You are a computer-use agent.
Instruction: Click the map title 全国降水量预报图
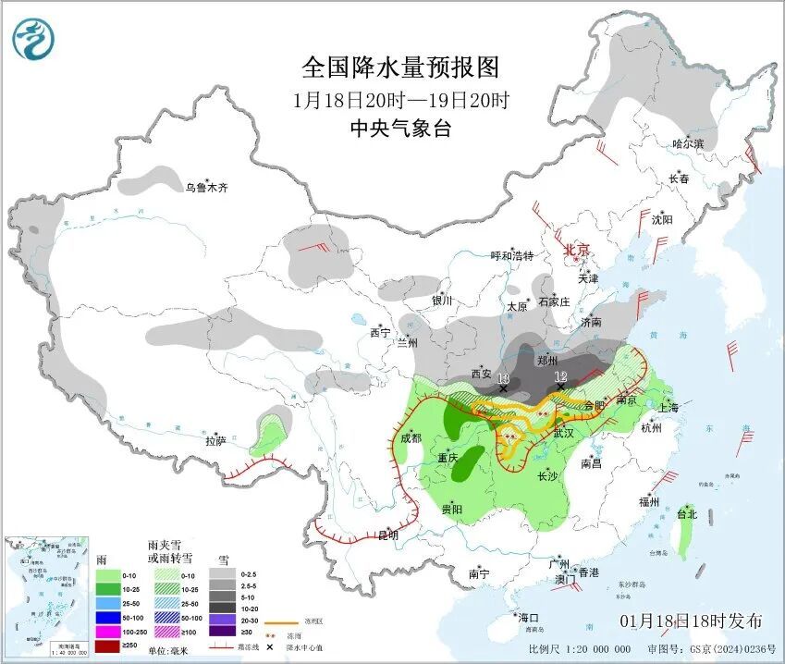coord(400,68)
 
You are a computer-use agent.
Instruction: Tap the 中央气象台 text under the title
coord(400,129)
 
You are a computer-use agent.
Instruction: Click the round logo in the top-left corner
coord(33,38)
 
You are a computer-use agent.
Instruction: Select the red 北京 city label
coord(577,250)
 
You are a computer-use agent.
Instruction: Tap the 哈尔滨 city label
coord(688,144)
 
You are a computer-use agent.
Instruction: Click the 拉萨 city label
coord(215,441)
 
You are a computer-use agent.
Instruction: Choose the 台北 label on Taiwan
coord(688,513)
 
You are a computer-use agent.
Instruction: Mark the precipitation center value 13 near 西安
coord(502,378)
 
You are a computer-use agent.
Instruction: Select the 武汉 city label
coord(564,433)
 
